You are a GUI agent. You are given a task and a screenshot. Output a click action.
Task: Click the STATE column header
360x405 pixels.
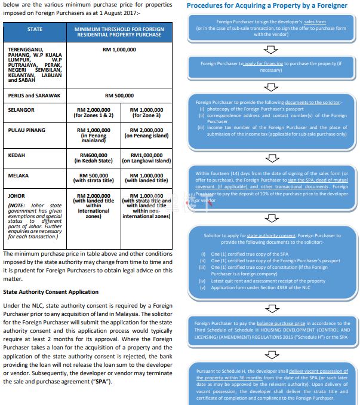[x=35, y=29]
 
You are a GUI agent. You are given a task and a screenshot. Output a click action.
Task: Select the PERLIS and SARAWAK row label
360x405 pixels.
[x=35, y=96]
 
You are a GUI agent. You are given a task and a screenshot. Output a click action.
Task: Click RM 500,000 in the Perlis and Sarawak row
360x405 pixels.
[x=119, y=96]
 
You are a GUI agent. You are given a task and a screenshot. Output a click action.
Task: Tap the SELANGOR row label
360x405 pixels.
[x=21, y=110]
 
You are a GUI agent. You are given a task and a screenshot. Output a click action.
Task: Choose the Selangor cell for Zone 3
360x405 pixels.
[x=146, y=113]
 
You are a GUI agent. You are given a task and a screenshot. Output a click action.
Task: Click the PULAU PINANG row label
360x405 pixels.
[x=27, y=130]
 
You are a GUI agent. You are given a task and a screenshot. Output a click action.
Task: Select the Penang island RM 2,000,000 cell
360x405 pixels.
[x=146, y=133]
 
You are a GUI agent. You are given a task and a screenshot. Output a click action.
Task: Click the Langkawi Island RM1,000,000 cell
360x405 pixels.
[x=146, y=158]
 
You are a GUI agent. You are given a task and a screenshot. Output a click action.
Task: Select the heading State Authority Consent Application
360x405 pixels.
[x=51, y=292]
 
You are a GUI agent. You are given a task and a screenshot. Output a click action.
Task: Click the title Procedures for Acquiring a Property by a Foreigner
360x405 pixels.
[x=267, y=5]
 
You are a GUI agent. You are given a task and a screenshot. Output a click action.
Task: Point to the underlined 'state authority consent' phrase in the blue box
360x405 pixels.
[x=256, y=236]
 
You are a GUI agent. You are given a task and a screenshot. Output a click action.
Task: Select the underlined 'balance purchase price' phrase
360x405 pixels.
[x=282, y=324]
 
